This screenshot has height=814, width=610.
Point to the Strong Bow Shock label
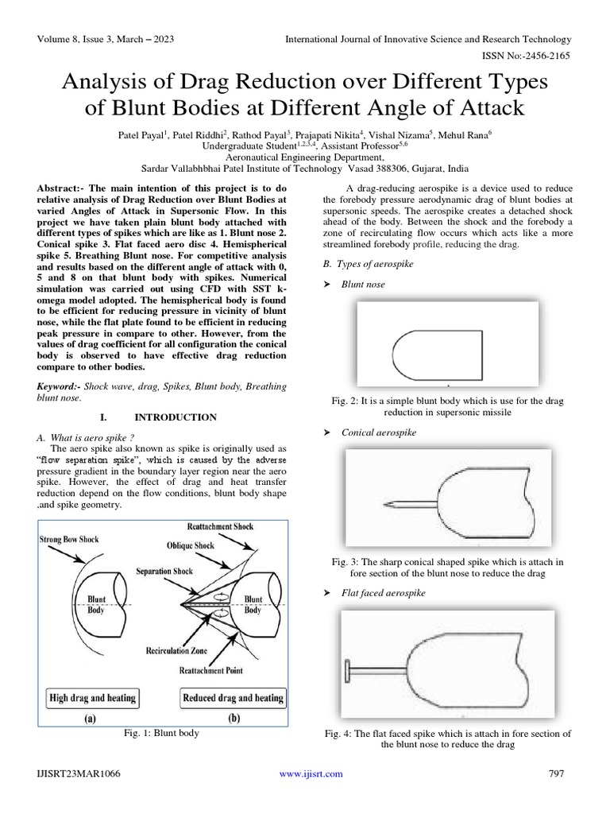(69, 540)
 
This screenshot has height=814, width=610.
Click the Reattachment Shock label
(220, 527)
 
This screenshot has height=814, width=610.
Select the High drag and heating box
(93, 698)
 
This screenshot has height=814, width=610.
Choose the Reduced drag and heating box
(233, 698)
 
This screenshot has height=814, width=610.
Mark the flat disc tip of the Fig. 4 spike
(347, 669)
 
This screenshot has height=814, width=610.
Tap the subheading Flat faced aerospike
(383, 593)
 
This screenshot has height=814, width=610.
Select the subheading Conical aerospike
(378, 432)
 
